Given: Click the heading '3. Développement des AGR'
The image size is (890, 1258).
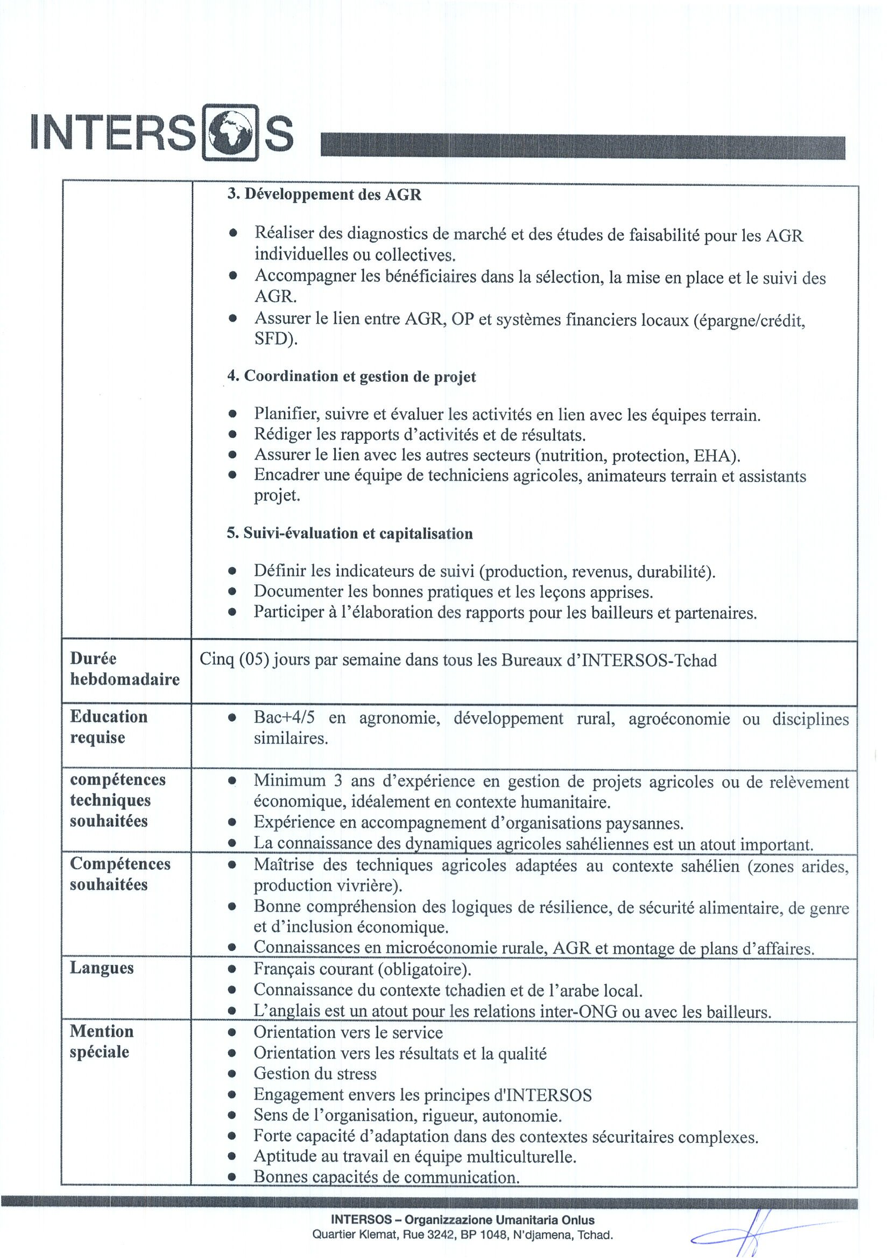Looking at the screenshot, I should pos(324,194).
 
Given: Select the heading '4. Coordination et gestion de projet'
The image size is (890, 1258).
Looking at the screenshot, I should pos(351,377).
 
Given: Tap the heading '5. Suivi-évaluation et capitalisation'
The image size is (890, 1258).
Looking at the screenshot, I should pos(350,534).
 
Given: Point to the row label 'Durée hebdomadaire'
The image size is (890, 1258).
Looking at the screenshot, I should pos(124,669).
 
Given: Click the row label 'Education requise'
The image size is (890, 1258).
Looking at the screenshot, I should pos(109,727).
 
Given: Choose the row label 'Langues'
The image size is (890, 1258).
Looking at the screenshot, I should pos(101,968).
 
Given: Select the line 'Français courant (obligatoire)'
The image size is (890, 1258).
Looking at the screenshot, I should pos(362,969).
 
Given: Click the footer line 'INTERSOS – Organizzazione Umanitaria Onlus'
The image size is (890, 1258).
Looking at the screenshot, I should pos(462,1220).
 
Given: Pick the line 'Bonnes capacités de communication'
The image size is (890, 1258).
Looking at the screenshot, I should pos(386,1177).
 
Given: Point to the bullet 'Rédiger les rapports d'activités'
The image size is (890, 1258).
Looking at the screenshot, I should pos(419,436).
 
